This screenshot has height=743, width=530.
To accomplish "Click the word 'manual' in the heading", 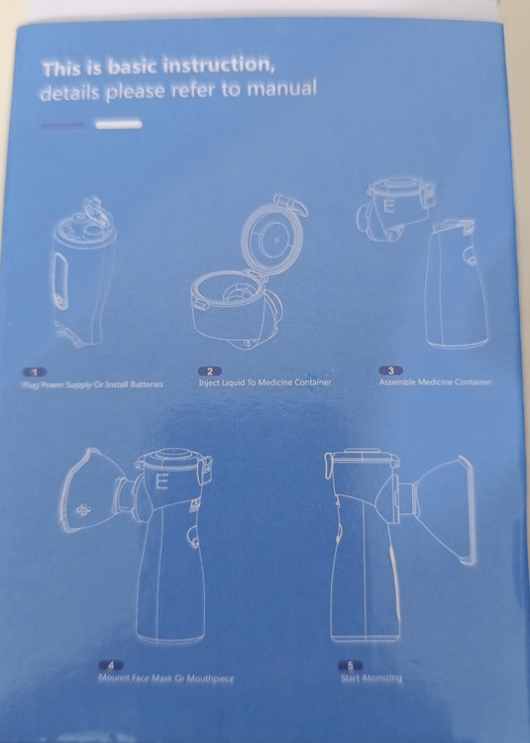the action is tap(281, 87).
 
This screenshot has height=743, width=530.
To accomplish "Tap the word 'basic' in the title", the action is tap(134, 66).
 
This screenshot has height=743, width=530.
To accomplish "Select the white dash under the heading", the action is tap(119, 125).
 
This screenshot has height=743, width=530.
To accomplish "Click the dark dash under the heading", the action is tap(63, 126).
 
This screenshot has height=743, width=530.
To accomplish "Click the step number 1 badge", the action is tap(35, 372).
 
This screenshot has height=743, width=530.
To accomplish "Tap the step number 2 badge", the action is tap(210, 371).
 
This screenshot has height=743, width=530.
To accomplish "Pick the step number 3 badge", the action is tap(390, 371).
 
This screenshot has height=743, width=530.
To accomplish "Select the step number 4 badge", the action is tap(111, 666).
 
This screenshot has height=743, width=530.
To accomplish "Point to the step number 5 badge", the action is tap(351, 666).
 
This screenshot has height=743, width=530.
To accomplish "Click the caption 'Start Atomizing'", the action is tap(371, 678).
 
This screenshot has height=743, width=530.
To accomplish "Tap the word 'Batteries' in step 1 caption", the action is tap(147, 384).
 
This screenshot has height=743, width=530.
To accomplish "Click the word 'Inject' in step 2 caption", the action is tap(209, 382).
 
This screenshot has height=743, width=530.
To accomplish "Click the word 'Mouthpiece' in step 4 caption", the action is tap(210, 678).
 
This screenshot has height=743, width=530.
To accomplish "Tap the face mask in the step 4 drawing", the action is tap(93, 491).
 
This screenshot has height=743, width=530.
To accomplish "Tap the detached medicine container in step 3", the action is tap(395, 208).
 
